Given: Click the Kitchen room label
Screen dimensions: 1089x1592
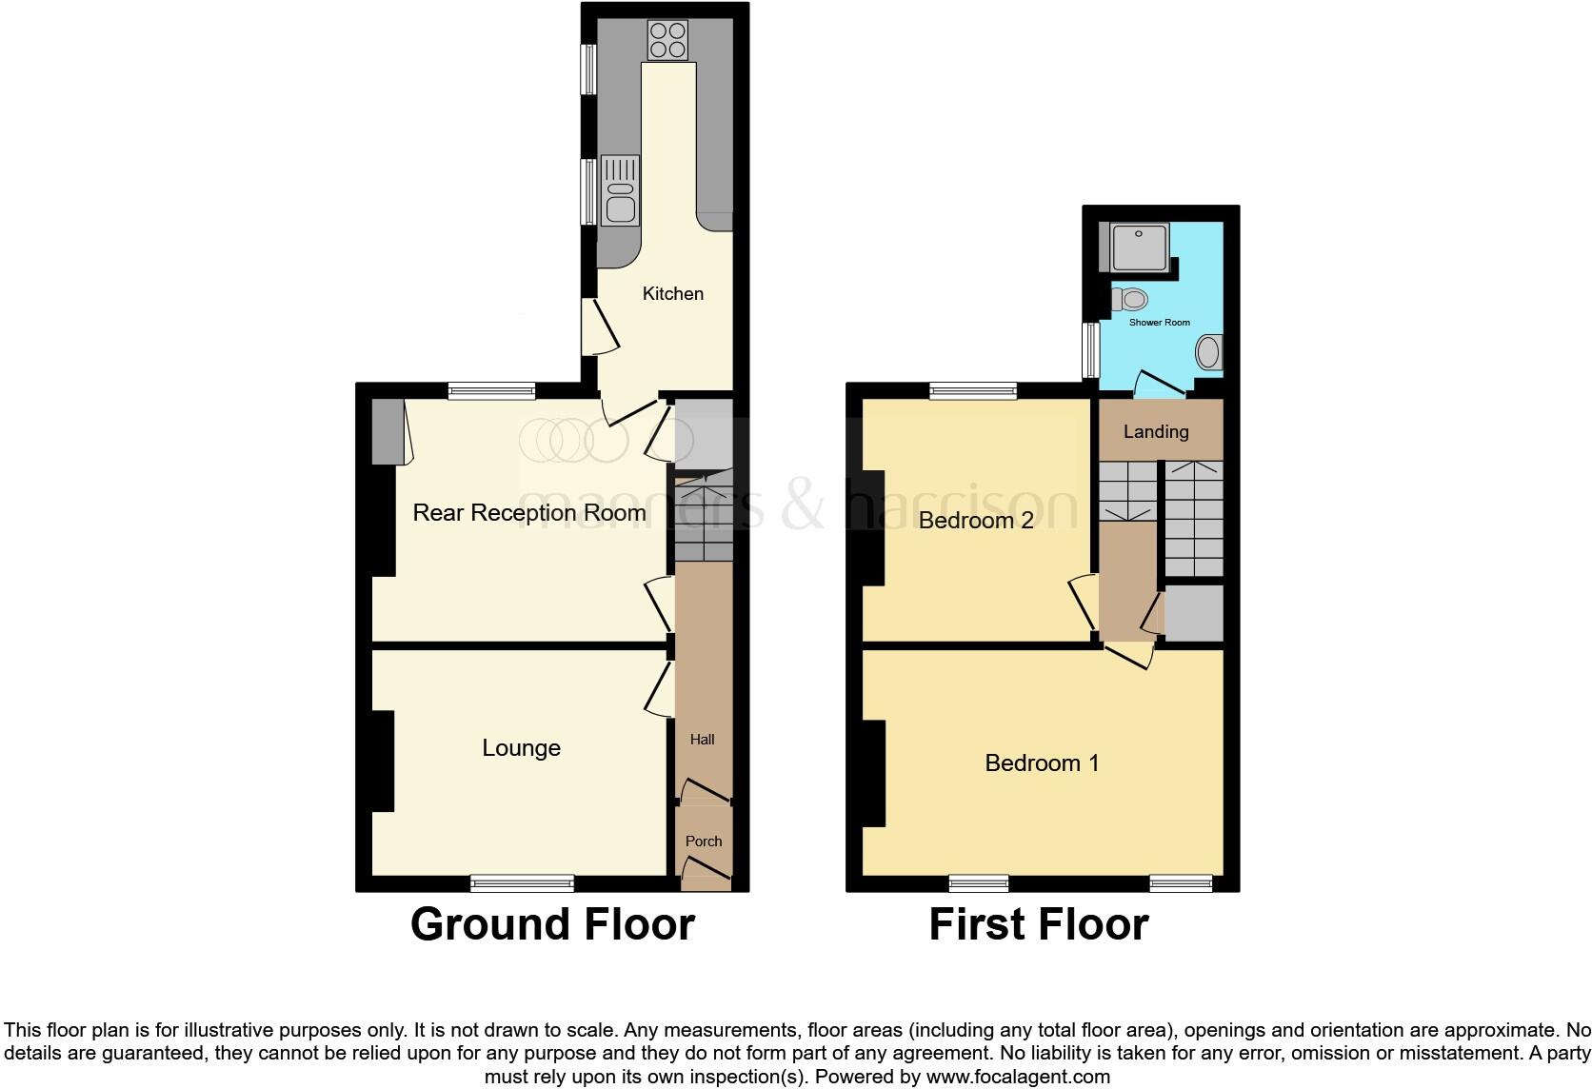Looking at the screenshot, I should pyautogui.click(x=672, y=294).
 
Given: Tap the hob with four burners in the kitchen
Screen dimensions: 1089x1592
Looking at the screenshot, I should pyautogui.click(x=667, y=40).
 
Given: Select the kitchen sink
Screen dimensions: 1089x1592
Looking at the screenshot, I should pyautogui.click(x=620, y=190).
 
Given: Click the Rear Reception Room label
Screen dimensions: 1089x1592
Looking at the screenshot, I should pyautogui.click(x=529, y=513).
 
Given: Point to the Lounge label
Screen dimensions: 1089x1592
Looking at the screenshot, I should pyautogui.click(x=521, y=748).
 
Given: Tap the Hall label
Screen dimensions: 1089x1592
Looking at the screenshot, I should pyautogui.click(x=703, y=740).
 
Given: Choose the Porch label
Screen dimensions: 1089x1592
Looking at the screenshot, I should pyautogui.click(x=704, y=841).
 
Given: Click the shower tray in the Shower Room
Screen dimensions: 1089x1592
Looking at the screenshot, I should pyautogui.click(x=1137, y=247).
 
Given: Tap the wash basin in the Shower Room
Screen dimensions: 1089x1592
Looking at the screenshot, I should pyautogui.click(x=1208, y=352).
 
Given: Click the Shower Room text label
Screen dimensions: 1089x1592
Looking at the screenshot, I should pyautogui.click(x=1160, y=323).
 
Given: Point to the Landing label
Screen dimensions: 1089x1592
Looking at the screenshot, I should pyautogui.click(x=1156, y=432).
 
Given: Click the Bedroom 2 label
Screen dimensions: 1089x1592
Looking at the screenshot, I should pyautogui.click(x=976, y=521).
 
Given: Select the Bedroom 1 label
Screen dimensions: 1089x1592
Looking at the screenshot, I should pyautogui.click(x=1042, y=763).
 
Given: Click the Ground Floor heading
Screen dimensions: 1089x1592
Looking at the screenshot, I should pyautogui.click(x=552, y=924).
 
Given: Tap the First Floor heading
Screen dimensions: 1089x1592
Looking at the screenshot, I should pyautogui.click(x=1039, y=924).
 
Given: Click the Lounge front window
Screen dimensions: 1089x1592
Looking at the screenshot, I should pyautogui.click(x=522, y=883).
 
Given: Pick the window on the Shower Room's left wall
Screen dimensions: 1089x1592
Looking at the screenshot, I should pyautogui.click(x=1091, y=350).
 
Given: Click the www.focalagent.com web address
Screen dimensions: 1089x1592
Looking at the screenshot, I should pyautogui.click(x=1018, y=1078).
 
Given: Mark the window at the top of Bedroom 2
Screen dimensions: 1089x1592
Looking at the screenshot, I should pyautogui.click(x=973, y=390).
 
